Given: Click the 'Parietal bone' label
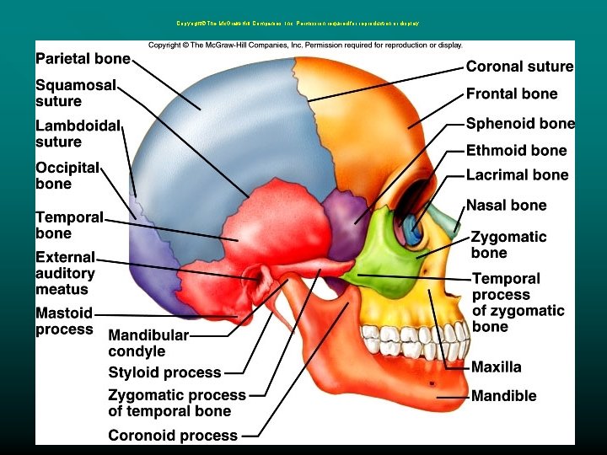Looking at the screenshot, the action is point(83,59).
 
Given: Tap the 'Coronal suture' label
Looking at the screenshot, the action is point(519,67).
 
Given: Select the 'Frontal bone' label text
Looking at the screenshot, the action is point(512,94).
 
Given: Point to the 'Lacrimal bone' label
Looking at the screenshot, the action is point(517,175).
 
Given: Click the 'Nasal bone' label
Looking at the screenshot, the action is point(506,205).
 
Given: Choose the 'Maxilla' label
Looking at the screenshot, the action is point(496,367).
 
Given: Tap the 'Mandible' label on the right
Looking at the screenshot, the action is point(503,395).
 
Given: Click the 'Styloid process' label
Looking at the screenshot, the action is point(164,372).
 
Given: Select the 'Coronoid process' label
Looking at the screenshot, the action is point(173,436).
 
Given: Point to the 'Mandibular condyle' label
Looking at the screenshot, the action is point(148,343).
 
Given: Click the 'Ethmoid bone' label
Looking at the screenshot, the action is point(516,150).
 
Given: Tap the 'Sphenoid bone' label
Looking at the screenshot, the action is point(520,123).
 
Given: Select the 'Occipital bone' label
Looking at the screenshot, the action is point(67,175).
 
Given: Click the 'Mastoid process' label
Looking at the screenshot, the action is point(64,321).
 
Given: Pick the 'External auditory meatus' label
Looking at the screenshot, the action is point(65,273).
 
